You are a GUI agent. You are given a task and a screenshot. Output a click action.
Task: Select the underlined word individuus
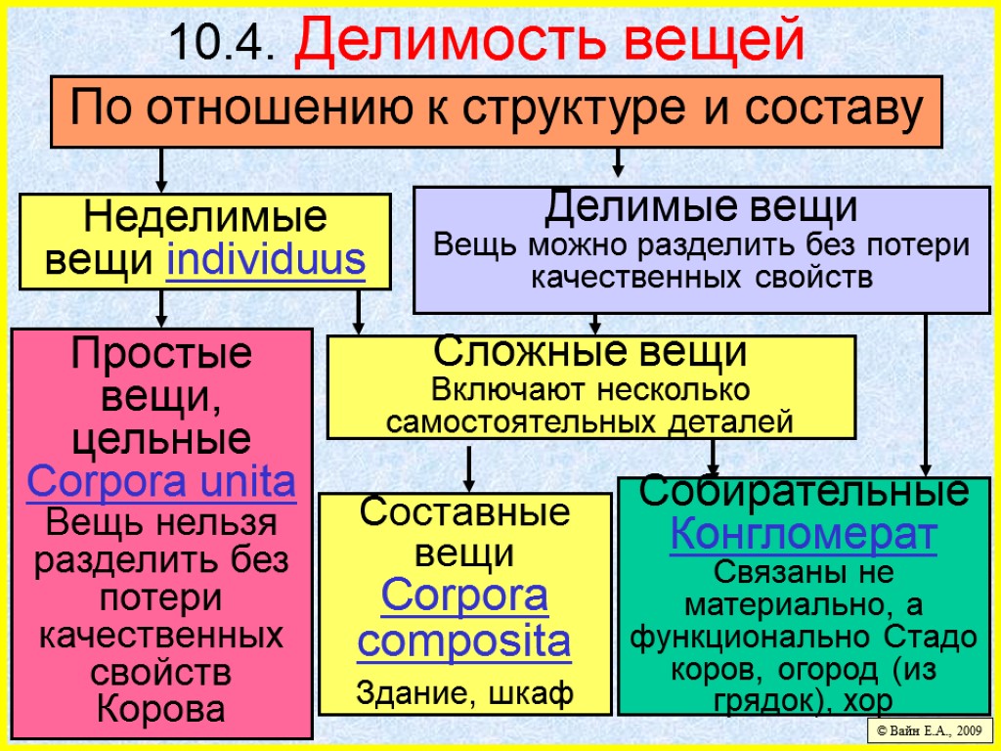[266, 261]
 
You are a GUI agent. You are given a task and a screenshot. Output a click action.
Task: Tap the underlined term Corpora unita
[161, 482]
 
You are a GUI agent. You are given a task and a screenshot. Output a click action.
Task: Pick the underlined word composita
[463, 642]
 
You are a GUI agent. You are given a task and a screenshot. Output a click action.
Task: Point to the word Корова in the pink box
[161, 708]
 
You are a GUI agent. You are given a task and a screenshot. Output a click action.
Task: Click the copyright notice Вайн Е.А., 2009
[930, 729]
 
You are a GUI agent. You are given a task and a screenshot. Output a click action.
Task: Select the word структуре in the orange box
[575, 110]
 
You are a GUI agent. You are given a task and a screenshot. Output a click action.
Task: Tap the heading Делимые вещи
[701, 207]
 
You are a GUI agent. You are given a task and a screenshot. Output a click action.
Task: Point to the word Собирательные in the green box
[804, 492]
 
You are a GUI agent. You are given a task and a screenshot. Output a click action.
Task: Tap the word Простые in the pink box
[161, 352]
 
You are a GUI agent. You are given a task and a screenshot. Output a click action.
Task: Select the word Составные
[464, 512]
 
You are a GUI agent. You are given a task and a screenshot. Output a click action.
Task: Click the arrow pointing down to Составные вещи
[469, 468]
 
